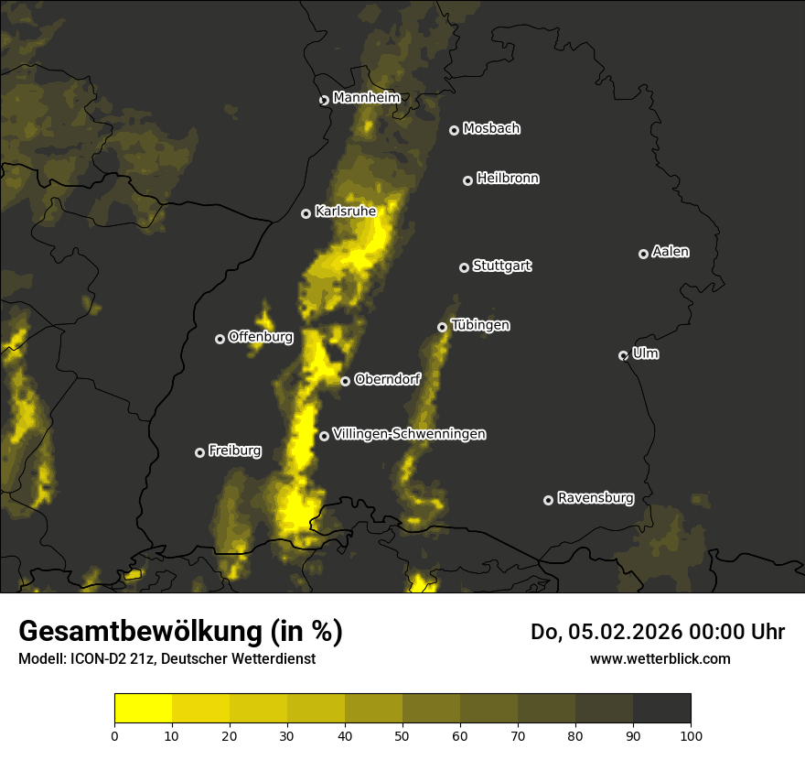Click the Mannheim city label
[x=366, y=98]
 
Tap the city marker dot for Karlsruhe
[x=306, y=213]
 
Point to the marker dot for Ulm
[x=623, y=355]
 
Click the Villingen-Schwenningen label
[x=409, y=434]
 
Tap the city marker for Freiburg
[x=199, y=452]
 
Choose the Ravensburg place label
[x=595, y=498]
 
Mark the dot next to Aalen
[x=643, y=254]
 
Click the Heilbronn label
[x=508, y=179]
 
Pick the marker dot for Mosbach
[x=454, y=130]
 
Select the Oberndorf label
[x=387, y=379]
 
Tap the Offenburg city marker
[x=220, y=339]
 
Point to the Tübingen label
[x=480, y=325]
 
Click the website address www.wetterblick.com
[x=660, y=658]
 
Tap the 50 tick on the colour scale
[x=402, y=734]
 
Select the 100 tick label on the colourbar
[x=691, y=734]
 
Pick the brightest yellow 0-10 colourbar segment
[x=144, y=709]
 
